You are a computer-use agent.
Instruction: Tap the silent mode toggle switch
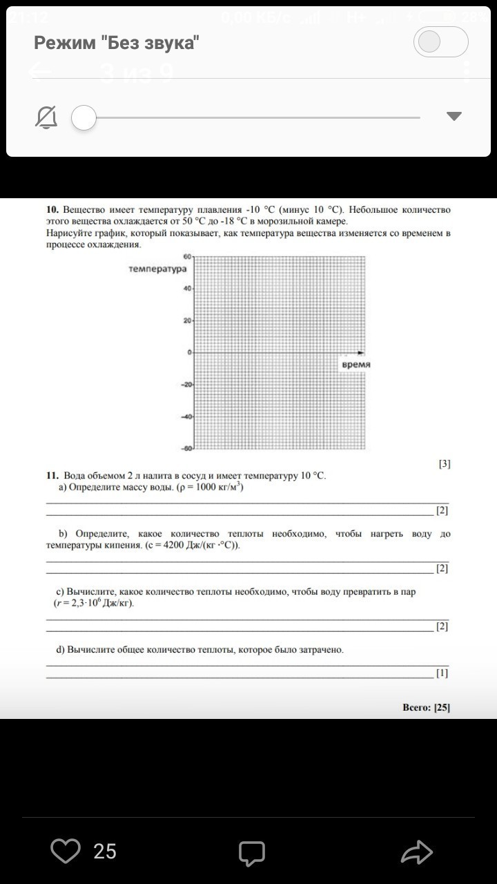point(440,43)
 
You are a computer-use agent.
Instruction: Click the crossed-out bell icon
point(46,118)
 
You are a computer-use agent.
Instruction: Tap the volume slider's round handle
point(84,118)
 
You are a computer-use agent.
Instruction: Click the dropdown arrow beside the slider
point(454,116)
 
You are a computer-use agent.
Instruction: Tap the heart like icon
point(66,851)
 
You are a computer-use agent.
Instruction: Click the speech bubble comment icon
point(252,853)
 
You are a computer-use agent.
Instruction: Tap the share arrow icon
point(417,852)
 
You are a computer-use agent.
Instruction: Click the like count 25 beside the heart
point(105,852)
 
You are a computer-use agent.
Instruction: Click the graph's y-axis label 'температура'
point(157,268)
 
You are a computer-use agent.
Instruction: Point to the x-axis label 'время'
point(356,364)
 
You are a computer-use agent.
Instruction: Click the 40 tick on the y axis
point(187,288)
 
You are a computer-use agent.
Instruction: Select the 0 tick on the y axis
point(189,352)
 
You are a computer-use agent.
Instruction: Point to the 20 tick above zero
point(187,320)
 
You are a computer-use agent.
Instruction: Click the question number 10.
point(52,209)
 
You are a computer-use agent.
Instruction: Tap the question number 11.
point(52,476)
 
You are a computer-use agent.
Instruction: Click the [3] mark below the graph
point(445,464)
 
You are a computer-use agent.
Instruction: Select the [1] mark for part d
point(442,672)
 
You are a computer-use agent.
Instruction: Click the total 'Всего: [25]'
point(426,707)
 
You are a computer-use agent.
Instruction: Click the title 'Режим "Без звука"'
point(117,44)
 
